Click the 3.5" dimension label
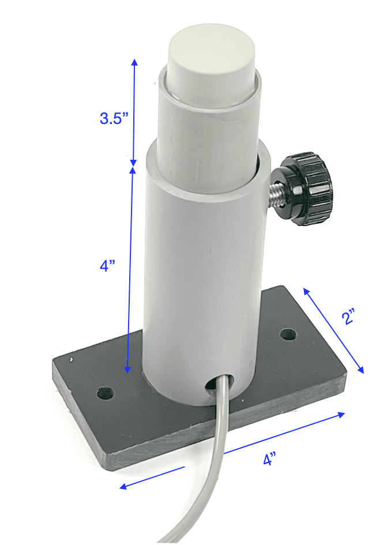coord(114,118)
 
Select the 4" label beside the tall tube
coord(107,266)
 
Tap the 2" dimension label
coord(349,316)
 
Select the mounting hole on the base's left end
coord(106,393)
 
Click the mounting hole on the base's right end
coord(288,334)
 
